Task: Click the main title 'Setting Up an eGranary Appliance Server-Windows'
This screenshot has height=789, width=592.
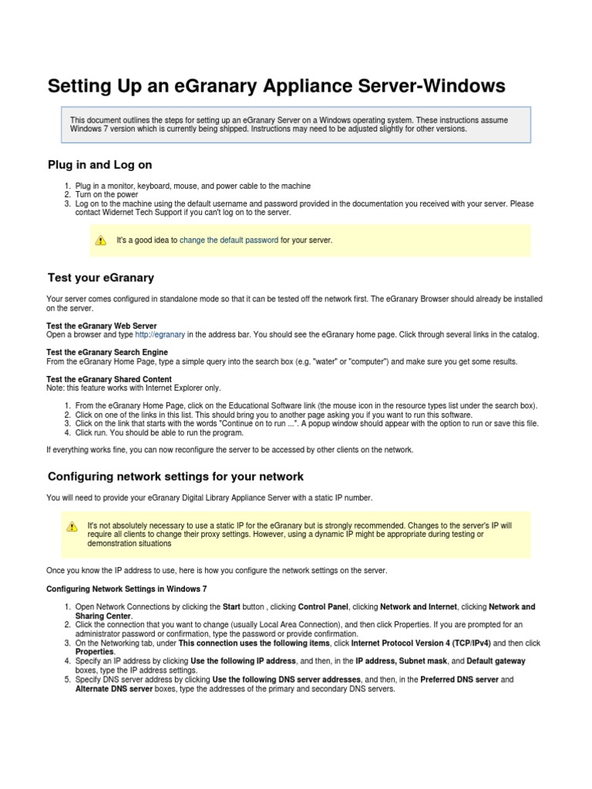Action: tap(276, 86)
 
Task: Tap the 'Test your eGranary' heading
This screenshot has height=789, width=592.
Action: tap(101, 277)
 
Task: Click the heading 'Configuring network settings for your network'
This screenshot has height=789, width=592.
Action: tap(176, 476)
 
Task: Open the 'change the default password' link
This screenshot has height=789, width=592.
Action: tap(229, 240)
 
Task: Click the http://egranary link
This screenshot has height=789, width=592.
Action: tap(160, 334)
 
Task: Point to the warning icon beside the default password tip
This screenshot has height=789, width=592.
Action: tap(100, 240)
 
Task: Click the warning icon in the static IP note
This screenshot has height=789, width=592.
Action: tap(72, 526)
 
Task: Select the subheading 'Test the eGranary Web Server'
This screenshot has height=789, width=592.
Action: tap(101, 326)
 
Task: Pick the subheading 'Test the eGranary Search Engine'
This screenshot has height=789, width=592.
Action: tap(107, 353)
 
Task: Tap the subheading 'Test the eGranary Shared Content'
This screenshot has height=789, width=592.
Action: tap(109, 380)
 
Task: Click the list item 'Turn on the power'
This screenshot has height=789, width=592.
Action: tap(107, 195)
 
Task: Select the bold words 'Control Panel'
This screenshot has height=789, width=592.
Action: tap(323, 606)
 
